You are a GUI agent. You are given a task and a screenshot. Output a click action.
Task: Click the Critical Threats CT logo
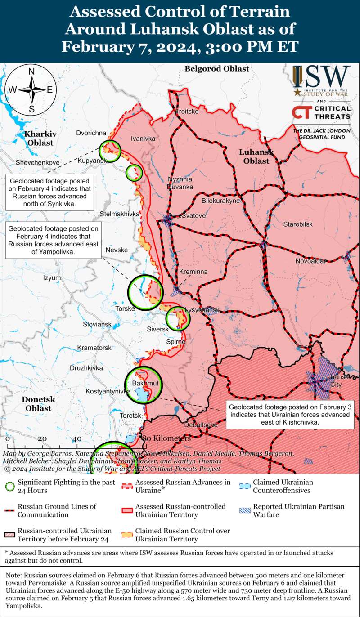click(x=321, y=112)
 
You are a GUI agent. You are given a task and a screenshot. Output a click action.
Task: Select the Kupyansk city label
click(x=92, y=161)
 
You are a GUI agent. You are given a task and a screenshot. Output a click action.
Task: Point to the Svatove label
click(x=193, y=216)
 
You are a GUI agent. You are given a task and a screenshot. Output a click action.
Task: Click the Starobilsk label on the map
click(x=298, y=224)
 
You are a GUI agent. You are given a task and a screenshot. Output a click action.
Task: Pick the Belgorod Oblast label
click(x=217, y=69)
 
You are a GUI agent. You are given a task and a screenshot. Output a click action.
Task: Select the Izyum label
click(x=52, y=278)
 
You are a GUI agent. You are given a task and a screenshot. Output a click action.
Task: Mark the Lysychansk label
click(x=202, y=310)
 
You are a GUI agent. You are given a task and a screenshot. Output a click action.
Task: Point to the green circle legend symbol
click(x=11, y=487)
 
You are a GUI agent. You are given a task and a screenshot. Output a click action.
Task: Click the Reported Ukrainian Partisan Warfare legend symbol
click(x=245, y=510)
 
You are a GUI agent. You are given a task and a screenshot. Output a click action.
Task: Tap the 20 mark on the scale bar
click(x=42, y=439)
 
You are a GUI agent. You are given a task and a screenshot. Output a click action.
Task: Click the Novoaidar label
click(x=311, y=261)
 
